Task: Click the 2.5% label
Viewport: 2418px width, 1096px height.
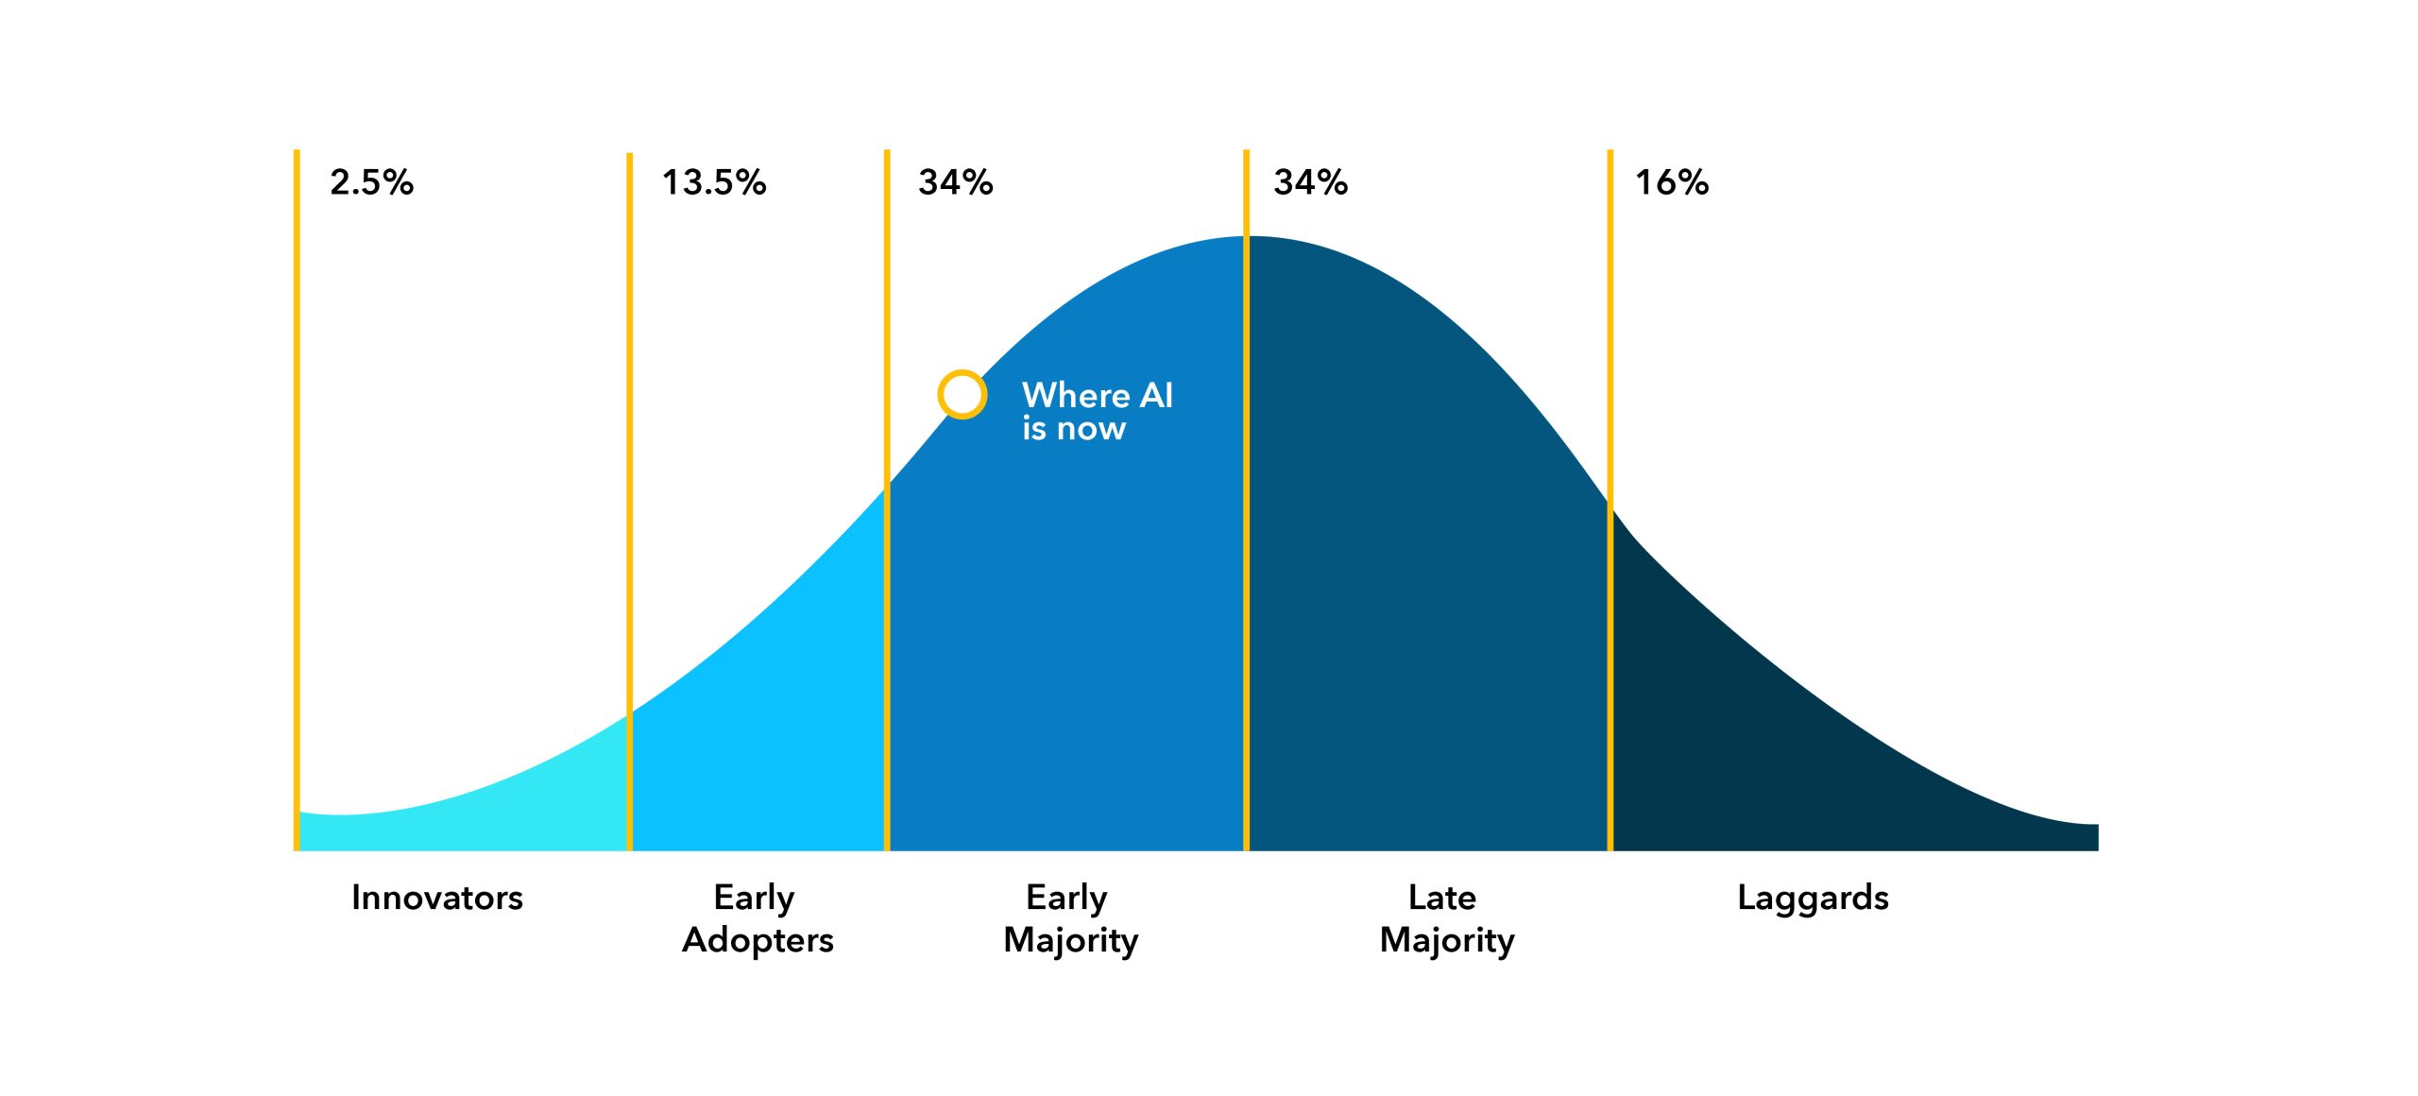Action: pyautogui.click(x=371, y=182)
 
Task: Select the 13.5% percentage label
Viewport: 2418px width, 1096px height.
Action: pyautogui.click(x=714, y=182)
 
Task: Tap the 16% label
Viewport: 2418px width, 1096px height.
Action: pyautogui.click(x=1672, y=182)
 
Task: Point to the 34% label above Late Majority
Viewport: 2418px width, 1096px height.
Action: pyautogui.click(x=1311, y=182)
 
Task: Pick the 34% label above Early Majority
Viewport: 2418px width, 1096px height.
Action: pyautogui.click(x=956, y=182)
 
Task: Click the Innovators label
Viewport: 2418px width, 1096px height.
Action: pyautogui.click(x=437, y=898)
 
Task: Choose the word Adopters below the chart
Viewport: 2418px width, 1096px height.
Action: pyautogui.click(x=758, y=941)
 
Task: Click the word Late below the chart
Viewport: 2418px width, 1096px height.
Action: pyautogui.click(x=1442, y=898)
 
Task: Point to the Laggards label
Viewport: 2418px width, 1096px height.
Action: pyautogui.click(x=1813, y=899)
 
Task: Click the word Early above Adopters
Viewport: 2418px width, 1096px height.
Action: pyautogui.click(x=755, y=899)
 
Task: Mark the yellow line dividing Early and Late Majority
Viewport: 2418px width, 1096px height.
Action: pyautogui.click(x=1246, y=500)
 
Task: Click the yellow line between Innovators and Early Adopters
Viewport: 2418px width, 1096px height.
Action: pyautogui.click(x=629, y=502)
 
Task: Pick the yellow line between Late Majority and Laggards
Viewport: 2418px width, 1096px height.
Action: pyautogui.click(x=1610, y=500)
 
